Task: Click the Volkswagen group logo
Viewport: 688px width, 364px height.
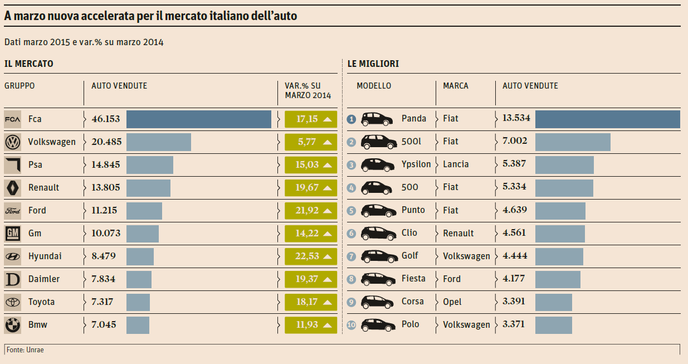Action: pos(12,142)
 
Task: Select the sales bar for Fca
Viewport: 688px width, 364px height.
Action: pos(198,119)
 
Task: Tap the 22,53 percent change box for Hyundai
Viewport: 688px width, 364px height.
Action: pos(310,256)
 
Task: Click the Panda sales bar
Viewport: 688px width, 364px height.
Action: pos(607,119)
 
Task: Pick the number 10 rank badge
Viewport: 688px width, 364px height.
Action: pos(351,325)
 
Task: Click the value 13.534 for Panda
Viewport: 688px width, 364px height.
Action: pos(516,118)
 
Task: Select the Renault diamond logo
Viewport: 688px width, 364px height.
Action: pos(12,188)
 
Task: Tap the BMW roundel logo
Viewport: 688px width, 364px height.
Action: pos(12,325)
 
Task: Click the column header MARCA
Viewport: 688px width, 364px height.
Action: pos(456,86)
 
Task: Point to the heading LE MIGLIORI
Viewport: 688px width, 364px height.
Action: pos(373,64)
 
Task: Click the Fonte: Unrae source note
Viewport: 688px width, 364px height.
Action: pos(25,350)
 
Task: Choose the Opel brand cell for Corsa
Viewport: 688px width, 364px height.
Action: pos(452,302)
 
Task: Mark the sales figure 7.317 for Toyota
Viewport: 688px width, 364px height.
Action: pos(102,302)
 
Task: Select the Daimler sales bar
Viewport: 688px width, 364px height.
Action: pos(139,279)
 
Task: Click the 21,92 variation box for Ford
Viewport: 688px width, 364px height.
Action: pos(310,211)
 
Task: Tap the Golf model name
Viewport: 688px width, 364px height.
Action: pos(409,256)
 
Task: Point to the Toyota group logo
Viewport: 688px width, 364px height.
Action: pos(12,302)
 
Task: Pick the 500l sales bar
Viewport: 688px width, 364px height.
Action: pos(573,142)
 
